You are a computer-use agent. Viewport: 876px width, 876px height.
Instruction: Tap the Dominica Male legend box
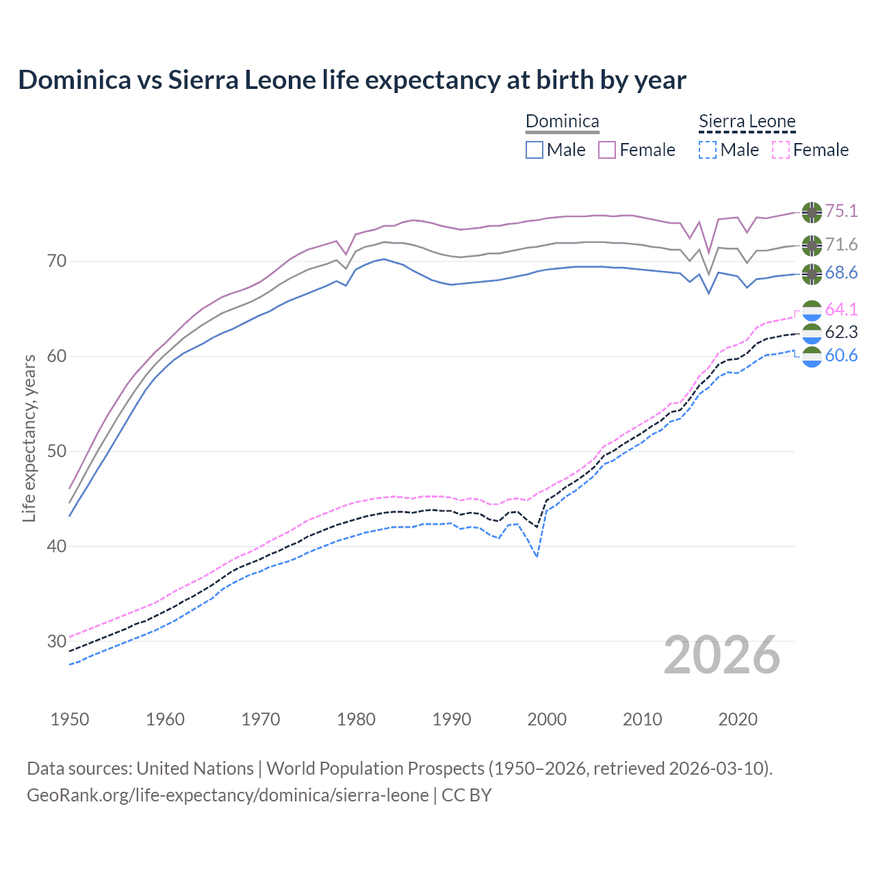(x=534, y=150)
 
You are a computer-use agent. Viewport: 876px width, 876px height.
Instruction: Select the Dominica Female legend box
(x=607, y=150)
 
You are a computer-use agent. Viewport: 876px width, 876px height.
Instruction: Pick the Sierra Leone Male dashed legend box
(x=708, y=150)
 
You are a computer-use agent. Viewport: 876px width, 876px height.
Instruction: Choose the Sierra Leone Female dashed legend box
(x=781, y=150)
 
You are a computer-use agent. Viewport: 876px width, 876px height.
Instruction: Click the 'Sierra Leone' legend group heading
(x=747, y=122)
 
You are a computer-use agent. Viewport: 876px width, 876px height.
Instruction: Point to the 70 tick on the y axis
(x=57, y=261)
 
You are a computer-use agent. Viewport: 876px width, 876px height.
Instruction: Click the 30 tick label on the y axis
(x=57, y=641)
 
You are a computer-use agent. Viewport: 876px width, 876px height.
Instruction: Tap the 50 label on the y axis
(x=57, y=451)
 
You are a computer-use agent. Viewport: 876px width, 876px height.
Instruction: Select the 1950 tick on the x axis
(x=70, y=719)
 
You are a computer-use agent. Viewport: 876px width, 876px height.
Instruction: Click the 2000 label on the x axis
(x=547, y=719)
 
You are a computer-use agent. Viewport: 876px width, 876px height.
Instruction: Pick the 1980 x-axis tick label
(x=356, y=719)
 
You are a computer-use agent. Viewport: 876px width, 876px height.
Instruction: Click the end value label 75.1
(x=841, y=211)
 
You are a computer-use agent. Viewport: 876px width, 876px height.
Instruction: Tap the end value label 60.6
(x=841, y=355)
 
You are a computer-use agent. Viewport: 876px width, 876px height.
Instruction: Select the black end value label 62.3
(x=841, y=333)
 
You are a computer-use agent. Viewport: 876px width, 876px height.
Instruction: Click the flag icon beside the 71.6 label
(x=812, y=245)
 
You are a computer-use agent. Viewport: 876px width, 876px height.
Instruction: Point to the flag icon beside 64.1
(x=812, y=310)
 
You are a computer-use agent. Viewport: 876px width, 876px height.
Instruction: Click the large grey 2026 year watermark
(x=722, y=655)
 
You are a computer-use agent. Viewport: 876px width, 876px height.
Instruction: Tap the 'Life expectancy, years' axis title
(x=29, y=438)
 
